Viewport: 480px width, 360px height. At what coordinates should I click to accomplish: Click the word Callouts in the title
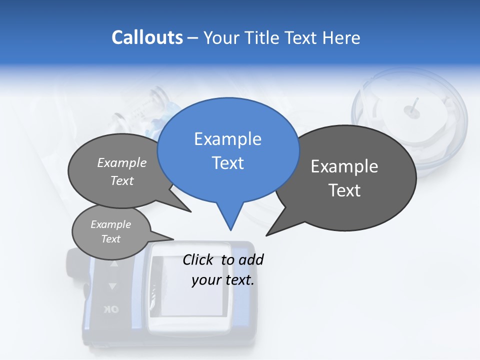[147, 38]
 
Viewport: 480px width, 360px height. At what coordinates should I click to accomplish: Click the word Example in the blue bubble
[227, 139]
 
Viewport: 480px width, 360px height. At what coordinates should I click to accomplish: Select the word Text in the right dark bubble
[344, 190]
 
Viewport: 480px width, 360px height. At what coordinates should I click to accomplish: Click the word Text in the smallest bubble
[111, 239]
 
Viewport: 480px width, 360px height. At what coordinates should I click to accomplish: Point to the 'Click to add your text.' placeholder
[223, 270]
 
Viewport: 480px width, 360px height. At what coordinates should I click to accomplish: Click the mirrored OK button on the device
[111, 309]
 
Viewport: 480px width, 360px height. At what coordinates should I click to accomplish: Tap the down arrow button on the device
[112, 286]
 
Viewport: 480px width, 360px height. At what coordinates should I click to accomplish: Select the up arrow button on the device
[114, 263]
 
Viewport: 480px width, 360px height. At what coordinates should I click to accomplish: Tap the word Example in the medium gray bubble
[122, 163]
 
